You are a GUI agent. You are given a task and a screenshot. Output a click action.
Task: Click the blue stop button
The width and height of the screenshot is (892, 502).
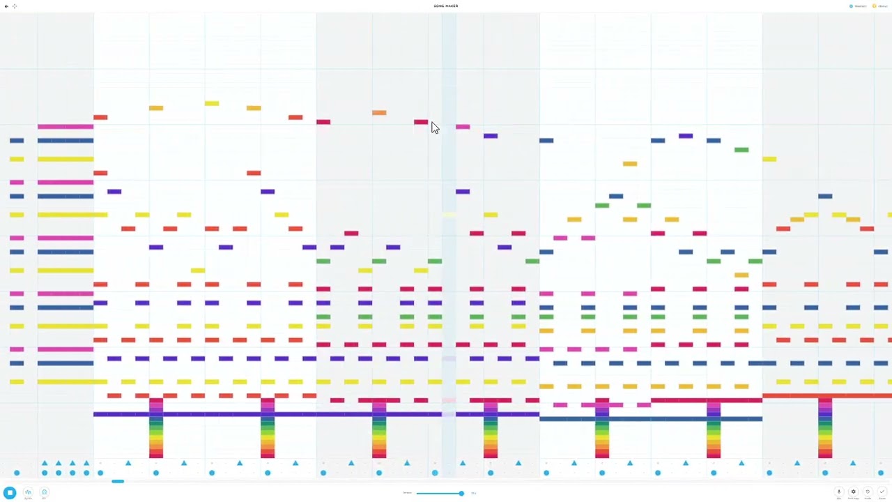pos(10,492)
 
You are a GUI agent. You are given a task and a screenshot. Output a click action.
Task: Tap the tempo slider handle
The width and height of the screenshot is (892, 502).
pos(461,493)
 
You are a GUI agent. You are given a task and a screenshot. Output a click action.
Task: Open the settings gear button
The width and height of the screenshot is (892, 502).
pos(853,492)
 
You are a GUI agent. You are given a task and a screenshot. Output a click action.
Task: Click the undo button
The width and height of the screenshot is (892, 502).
pos(868,492)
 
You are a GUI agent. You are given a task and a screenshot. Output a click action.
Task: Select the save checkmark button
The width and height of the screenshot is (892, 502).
pos(882,492)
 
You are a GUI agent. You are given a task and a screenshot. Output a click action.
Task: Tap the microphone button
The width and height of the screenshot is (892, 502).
pos(839,492)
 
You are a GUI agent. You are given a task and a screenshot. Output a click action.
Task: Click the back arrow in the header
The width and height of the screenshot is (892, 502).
pos(6,6)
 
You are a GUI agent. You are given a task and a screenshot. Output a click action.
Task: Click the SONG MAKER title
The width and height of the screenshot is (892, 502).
pos(445,6)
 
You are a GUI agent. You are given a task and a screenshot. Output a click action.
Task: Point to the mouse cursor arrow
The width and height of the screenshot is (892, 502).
pos(434,128)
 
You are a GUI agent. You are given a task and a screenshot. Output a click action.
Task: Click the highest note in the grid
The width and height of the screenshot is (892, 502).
pos(212,103)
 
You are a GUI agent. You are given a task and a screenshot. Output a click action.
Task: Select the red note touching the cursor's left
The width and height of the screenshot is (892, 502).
pos(421,122)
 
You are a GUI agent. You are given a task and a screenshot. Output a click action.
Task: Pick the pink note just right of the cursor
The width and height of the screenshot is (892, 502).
pos(463,127)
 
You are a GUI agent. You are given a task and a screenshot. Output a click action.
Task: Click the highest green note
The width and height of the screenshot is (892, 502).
pos(741,150)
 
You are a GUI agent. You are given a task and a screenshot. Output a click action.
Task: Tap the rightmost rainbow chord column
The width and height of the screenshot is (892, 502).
pos(825,429)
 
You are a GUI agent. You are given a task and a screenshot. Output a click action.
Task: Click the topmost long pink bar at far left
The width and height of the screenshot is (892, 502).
pos(66,126)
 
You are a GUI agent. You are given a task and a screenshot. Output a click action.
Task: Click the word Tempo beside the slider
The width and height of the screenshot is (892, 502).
pos(407,493)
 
